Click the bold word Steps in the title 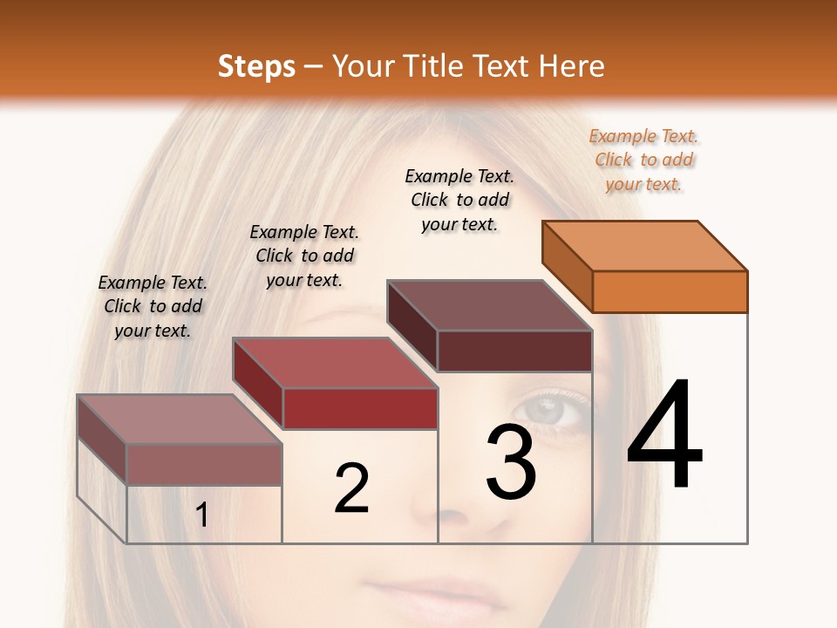point(256,66)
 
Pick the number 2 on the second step point(351,488)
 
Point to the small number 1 point(202,515)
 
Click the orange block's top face point(645,245)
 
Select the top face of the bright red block point(335,363)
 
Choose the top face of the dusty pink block point(180,420)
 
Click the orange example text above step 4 point(643,160)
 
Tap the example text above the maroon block point(459,200)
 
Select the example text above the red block point(304,256)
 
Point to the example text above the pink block point(153,306)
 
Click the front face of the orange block point(670,291)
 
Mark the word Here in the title point(571,66)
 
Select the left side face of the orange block point(567,266)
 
